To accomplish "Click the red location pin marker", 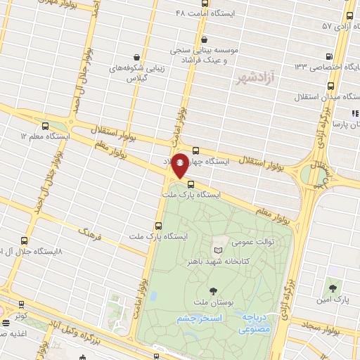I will tap(180, 165).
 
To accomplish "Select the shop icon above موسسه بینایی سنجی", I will tap(204, 39).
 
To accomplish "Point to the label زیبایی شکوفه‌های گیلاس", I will tap(129, 73).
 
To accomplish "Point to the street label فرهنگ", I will tap(89, 233).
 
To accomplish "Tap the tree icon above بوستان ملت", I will tap(213, 290).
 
